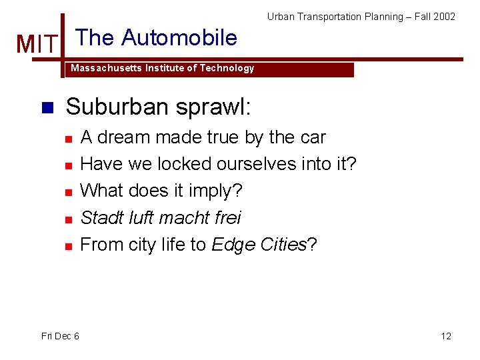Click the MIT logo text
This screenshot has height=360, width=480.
[37, 45]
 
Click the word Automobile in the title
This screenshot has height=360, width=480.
[179, 38]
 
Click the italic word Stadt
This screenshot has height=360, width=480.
[99, 217]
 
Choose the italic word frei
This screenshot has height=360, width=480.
[226, 217]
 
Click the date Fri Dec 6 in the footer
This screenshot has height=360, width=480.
[60, 336]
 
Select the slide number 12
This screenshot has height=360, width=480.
[446, 336]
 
